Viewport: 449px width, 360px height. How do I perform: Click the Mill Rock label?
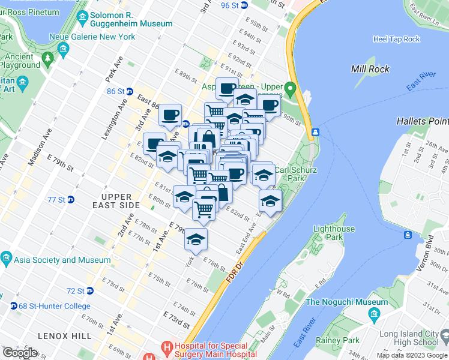[x=370, y=69]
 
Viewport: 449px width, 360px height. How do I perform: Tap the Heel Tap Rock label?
[x=396, y=39]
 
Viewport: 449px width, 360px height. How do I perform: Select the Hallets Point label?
[x=423, y=121]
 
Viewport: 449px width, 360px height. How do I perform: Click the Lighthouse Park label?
[x=334, y=233]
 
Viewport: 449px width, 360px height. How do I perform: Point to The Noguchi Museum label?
[x=347, y=302]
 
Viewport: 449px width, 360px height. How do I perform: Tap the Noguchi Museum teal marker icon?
[x=375, y=314]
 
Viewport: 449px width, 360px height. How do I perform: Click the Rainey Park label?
[x=336, y=340]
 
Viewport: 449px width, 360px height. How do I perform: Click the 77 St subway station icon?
[x=71, y=199]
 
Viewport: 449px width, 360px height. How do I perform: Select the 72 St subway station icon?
[x=90, y=291]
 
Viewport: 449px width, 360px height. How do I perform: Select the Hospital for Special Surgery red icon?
[x=166, y=346]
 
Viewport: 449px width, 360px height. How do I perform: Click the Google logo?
[x=20, y=352]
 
